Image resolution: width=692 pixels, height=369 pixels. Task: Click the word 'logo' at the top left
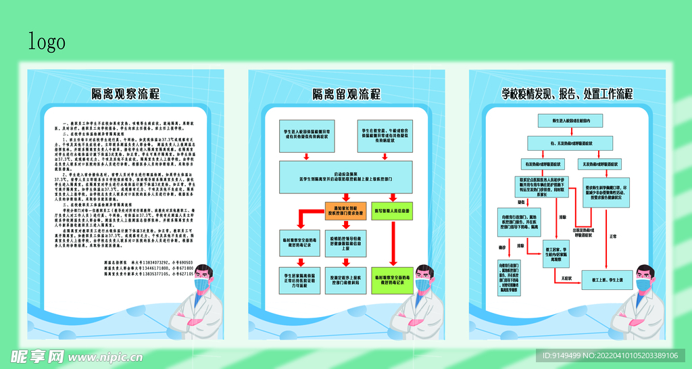(47, 41)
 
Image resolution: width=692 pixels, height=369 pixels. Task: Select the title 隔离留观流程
(346, 93)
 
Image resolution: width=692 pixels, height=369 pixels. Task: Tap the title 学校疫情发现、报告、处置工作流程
(566, 93)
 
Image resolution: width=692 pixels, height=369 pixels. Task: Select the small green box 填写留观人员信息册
(391, 210)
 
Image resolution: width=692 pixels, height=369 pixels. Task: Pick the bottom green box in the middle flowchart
(391, 278)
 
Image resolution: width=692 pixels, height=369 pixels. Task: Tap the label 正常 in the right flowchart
(613, 237)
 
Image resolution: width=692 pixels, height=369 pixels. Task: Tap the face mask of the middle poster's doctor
(423, 285)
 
